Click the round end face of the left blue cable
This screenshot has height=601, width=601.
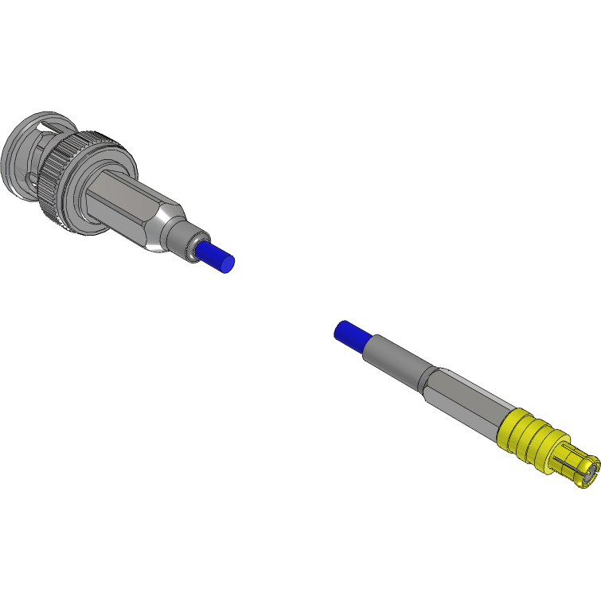[228, 263]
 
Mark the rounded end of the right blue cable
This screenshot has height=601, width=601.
[341, 329]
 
